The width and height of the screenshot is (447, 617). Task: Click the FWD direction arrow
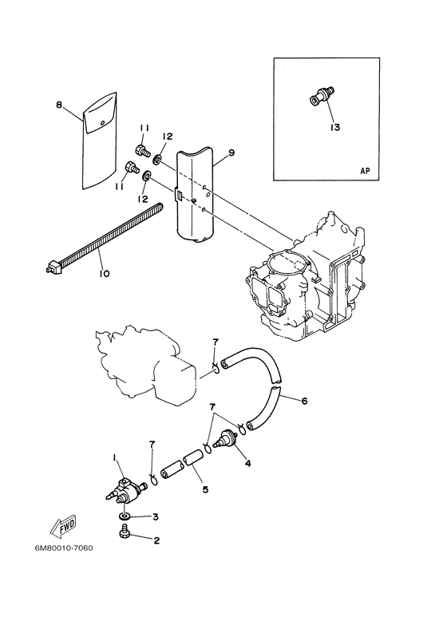pyautogui.click(x=63, y=527)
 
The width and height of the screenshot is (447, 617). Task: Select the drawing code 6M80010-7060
pyautogui.click(x=61, y=548)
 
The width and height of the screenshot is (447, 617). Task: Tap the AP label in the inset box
pyautogui.click(x=365, y=171)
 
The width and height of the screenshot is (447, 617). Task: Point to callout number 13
pyautogui.click(x=335, y=128)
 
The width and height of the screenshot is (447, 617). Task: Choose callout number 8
pyautogui.click(x=59, y=105)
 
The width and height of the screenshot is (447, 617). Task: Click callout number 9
pyautogui.click(x=231, y=152)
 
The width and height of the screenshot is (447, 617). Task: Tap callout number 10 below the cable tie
pyautogui.click(x=104, y=273)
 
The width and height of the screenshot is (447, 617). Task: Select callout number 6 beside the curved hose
pyautogui.click(x=304, y=401)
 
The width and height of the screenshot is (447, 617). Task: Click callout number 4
pyautogui.click(x=248, y=463)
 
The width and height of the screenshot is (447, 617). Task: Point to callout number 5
pyautogui.click(x=205, y=489)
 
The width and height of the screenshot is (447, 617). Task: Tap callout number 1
pyautogui.click(x=114, y=457)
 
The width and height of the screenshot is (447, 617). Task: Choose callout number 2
pyautogui.click(x=156, y=540)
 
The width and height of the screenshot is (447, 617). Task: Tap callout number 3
pyautogui.click(x=156, y=516)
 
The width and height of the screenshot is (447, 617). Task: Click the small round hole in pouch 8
pyautogui.click(x=103, y=123)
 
